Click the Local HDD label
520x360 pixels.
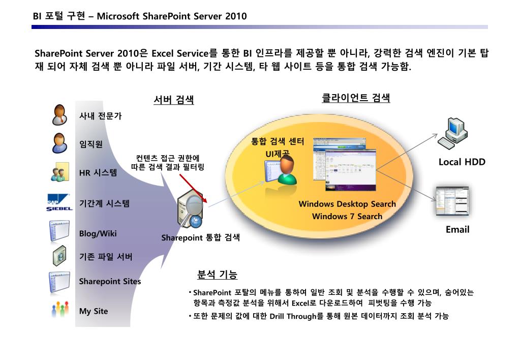[462, 162]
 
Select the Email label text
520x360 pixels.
[457, 229]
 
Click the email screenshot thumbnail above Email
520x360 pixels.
[452, 201]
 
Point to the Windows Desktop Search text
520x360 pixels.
[347, 204]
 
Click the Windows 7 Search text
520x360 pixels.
[347, 216]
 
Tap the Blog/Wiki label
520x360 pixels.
[98, 233]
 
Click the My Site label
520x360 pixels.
[94, 311]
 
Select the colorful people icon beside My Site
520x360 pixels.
[59, 309]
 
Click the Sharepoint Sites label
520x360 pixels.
[110, 281]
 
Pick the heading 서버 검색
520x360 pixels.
[173, 100]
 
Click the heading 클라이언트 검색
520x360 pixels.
[356, 98]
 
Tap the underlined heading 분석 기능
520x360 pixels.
[217, 275]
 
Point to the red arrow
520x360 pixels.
[193, 188]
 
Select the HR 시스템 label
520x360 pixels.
[98, 173]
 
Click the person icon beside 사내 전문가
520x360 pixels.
[59, 114]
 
